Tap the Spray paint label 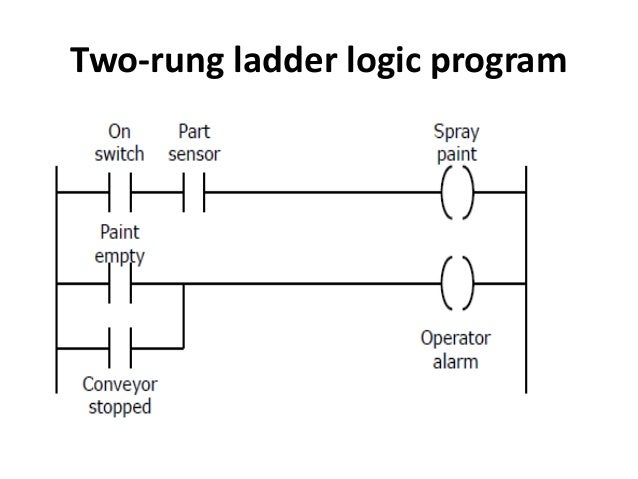455,143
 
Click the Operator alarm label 455,347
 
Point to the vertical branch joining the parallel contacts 183,318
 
